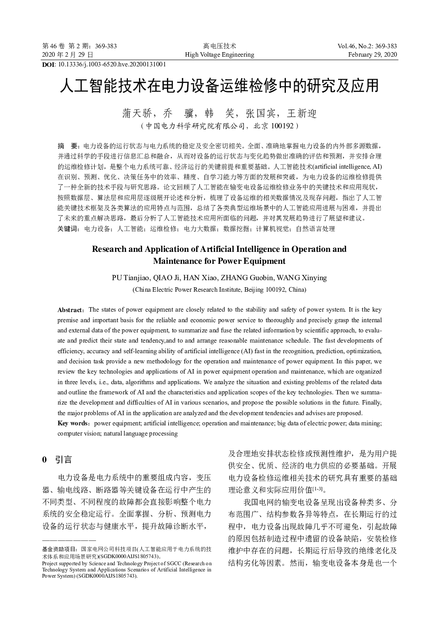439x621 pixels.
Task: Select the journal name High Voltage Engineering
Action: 219,55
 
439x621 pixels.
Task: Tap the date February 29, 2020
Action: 373,55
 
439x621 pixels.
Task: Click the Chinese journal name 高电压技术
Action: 219,46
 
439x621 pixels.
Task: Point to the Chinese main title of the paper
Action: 219,86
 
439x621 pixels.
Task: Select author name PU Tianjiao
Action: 131,278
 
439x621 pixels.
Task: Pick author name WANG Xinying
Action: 302,278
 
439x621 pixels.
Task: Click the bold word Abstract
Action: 70,310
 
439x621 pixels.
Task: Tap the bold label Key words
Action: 73,423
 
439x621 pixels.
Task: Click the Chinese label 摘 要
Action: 68,146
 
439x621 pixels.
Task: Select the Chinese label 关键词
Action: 68,229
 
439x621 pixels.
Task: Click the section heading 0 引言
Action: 57,459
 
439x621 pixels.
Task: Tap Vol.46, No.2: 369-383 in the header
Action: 367,46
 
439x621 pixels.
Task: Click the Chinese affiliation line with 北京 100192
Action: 219,126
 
